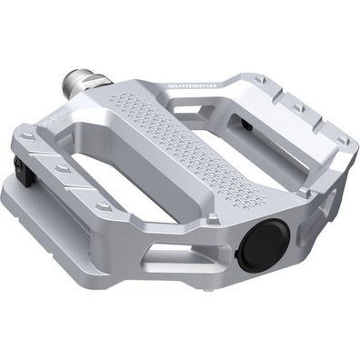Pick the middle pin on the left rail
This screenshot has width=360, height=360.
(x=61, y=169)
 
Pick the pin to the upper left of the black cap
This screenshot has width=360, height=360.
(x=212, y=218)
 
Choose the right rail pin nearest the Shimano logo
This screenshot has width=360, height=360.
(x=261, y=81)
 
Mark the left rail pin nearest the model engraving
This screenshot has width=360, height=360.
(x=26, y=137)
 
